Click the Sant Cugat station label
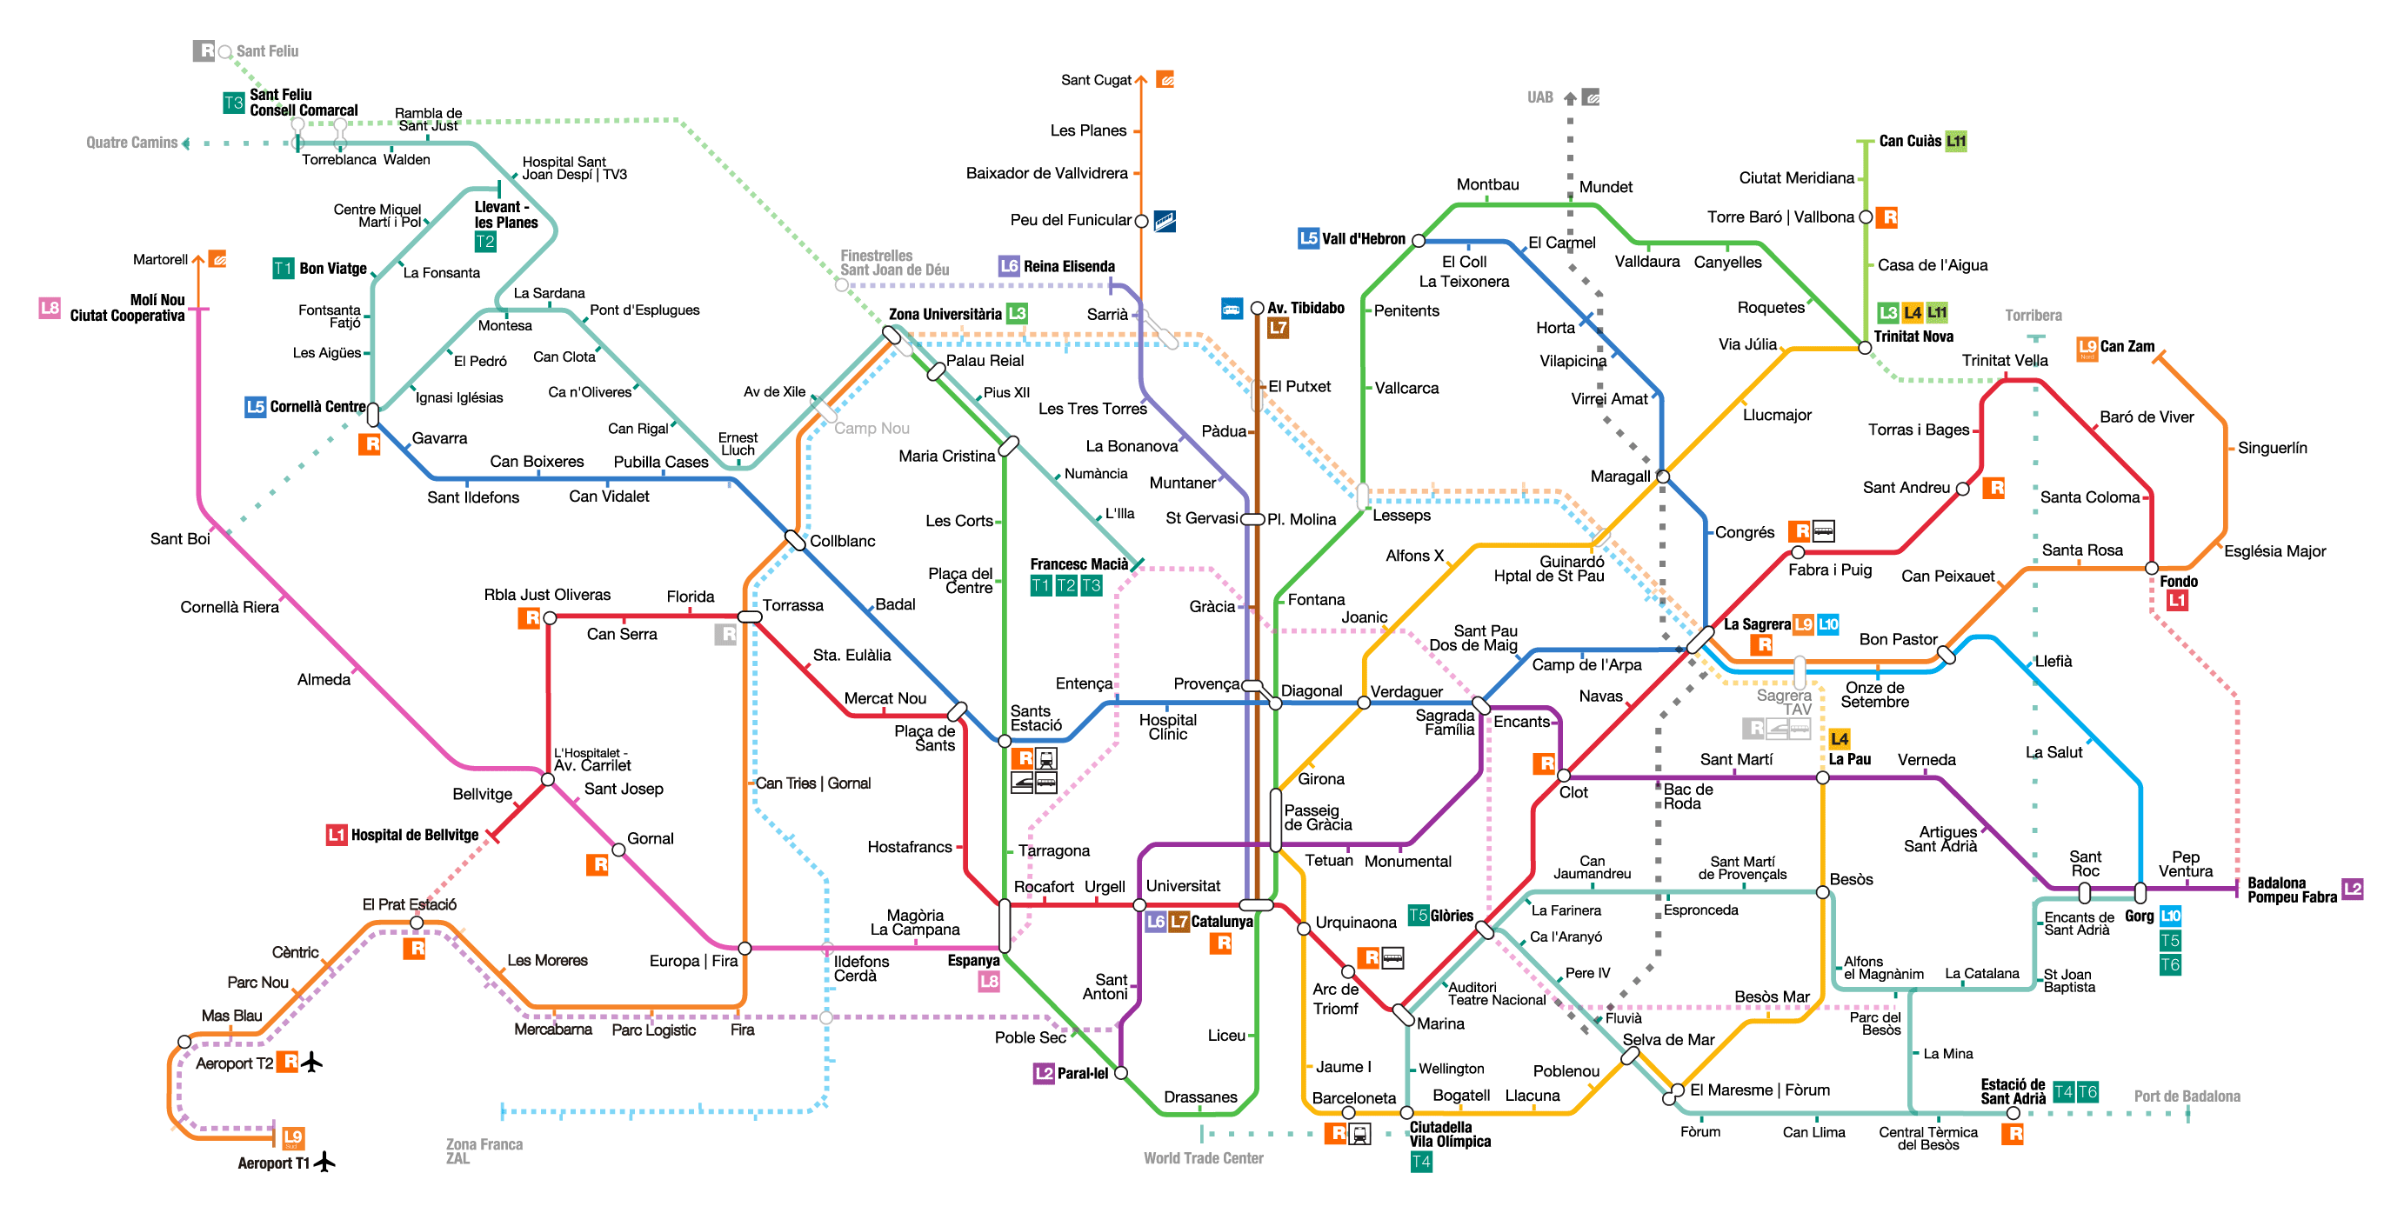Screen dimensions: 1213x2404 pos(1096,80)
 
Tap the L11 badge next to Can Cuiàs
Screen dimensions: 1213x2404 pos(1956,142)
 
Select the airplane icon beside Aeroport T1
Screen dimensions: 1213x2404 pos(324,1162)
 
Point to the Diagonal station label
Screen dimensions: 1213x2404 pos(1312,691)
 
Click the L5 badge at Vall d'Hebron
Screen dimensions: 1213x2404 pos(1308,239)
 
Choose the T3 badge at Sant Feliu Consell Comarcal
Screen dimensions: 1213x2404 pos(233,103)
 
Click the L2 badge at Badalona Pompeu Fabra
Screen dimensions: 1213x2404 pos(2352,890)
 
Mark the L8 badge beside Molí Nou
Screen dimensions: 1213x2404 pos(50,308)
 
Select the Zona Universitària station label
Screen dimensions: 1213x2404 pos(945,315)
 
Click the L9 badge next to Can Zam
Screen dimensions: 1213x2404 pos(2087,348)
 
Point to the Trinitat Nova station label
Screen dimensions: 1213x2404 pos(1913,337)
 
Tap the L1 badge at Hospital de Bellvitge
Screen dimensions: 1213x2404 pos(336,835)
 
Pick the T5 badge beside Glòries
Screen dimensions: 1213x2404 pos(1418,916)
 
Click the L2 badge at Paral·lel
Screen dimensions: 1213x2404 pos(1044,1074)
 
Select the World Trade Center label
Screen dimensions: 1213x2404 pos(1203,1158)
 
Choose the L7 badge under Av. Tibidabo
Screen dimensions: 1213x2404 pos(1278,328)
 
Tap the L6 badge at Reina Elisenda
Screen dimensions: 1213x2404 pos(1009,266)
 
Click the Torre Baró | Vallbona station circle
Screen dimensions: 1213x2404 pos(1866,217)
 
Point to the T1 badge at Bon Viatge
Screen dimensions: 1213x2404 pos(283,269)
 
